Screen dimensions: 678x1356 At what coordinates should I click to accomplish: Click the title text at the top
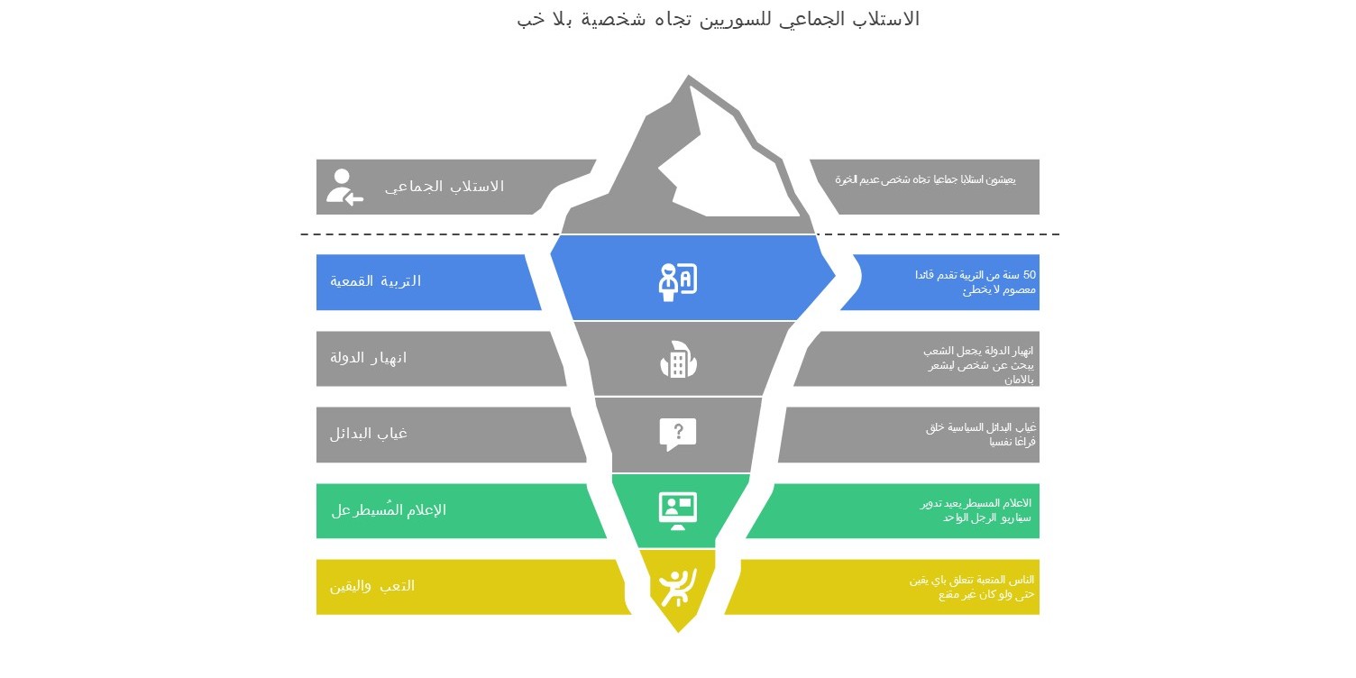click(x=718, y=19)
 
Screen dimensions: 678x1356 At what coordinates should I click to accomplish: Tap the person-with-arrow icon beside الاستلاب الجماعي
click(x=344, y=187)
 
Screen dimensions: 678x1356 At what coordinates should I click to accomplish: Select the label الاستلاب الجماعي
click(x=444, y=187)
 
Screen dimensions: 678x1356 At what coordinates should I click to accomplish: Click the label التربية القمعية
click(x=375, y=281)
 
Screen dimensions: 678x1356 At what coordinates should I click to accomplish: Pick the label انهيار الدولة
click(x=368, y=358)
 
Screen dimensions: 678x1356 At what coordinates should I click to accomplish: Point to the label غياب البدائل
click(x=368, y=434)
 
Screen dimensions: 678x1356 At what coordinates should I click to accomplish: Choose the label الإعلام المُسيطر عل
click(x=389, y=510)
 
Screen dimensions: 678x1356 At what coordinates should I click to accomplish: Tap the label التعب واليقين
click(x=371, y=586)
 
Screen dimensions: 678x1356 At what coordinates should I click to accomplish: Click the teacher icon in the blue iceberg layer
click(x=677, y=281)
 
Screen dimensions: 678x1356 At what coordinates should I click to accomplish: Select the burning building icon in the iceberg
click(x=678, y=360)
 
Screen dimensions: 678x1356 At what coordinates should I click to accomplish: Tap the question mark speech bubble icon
click(x=678, y=434)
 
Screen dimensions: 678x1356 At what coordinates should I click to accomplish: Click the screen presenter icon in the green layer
click(x=678, y=510)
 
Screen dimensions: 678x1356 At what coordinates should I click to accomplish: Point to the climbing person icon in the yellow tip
click(x=677, y=587)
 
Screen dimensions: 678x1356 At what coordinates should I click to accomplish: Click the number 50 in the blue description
click(x=1029, y=275)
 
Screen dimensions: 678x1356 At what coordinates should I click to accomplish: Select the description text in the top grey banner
click(x=925, y=179)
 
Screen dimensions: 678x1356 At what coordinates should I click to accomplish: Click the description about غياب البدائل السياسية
click(x=981, y=434)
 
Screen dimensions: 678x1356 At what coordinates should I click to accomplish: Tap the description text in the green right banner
click(x=976, y=510)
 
